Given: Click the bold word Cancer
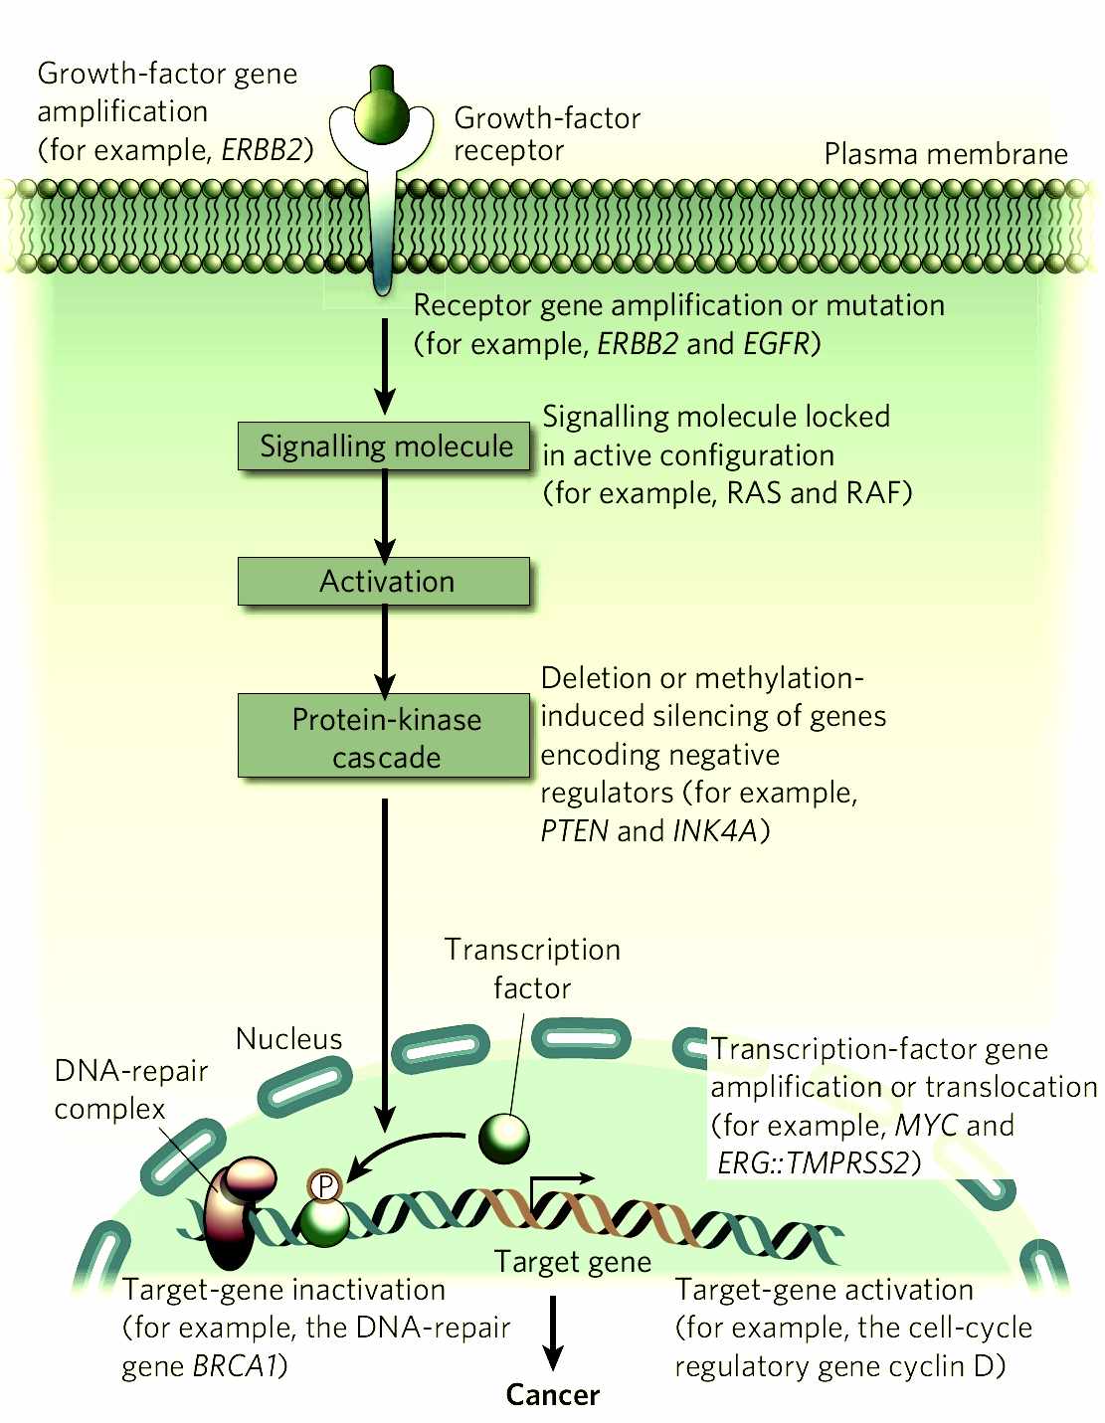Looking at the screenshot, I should [x=553, y=1395].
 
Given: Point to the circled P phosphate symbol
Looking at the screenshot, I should [x=324, y=1185].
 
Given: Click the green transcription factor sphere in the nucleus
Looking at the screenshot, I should [x=504, y=1138].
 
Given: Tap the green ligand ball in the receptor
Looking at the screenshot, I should [x=382, y=115].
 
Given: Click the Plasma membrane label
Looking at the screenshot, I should [x=945, y=154].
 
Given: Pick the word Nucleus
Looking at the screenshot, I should [x=288, y=1039].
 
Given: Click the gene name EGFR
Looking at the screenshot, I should [x=778, y=344].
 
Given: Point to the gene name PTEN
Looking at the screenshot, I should [x=574, y=831].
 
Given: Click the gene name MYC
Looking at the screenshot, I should [x=926, y=1126].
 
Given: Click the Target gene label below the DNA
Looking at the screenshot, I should [x=573, y=1262].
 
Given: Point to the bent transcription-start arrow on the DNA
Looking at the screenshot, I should [x=557, y=1183].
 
